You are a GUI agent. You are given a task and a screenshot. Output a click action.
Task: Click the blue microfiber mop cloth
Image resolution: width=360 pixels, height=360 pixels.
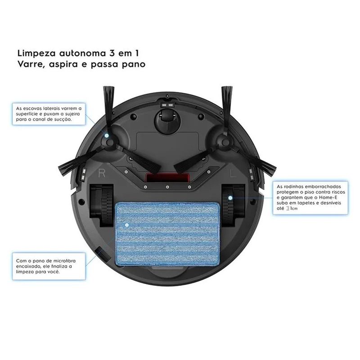[x=167, y=234]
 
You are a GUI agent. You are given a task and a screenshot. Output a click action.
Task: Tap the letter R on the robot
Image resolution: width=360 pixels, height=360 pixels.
[x=102, y=173]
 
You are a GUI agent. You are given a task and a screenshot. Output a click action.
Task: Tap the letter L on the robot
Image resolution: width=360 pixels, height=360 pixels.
[x=233, y=173]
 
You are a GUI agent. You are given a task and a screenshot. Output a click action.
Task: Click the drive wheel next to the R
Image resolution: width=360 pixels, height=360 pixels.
[x=102, y=204]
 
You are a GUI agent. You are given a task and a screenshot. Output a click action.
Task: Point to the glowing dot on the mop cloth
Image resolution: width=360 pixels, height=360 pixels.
[x=127, y=225]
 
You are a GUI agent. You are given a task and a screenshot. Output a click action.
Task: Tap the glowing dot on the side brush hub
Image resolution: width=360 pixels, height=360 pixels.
[x=107, y=135]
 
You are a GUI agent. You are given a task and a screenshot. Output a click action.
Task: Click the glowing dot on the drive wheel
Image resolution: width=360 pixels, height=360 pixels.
[x=230, y=198]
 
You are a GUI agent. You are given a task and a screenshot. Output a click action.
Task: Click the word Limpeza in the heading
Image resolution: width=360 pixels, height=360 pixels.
[x=36, y=54]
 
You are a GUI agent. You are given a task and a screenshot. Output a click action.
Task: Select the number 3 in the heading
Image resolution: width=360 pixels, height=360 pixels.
[x=109, y=53]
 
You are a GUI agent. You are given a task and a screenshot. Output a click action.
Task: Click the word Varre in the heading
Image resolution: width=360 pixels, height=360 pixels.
[x=31, y=64]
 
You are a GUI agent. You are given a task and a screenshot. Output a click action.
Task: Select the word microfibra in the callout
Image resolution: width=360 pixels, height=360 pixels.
[x=64, y=261]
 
